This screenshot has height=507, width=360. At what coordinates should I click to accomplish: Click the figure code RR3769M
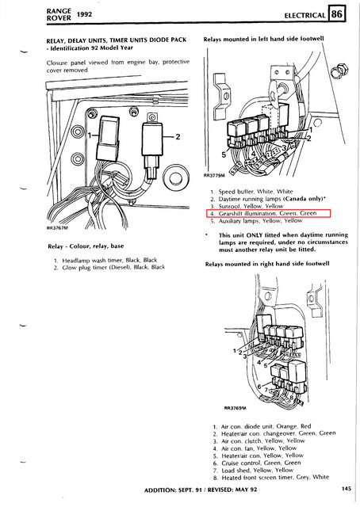(236, 410)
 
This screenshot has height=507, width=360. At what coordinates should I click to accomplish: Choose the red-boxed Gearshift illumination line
(262, 213)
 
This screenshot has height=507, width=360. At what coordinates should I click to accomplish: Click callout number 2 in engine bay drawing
(179, 137)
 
